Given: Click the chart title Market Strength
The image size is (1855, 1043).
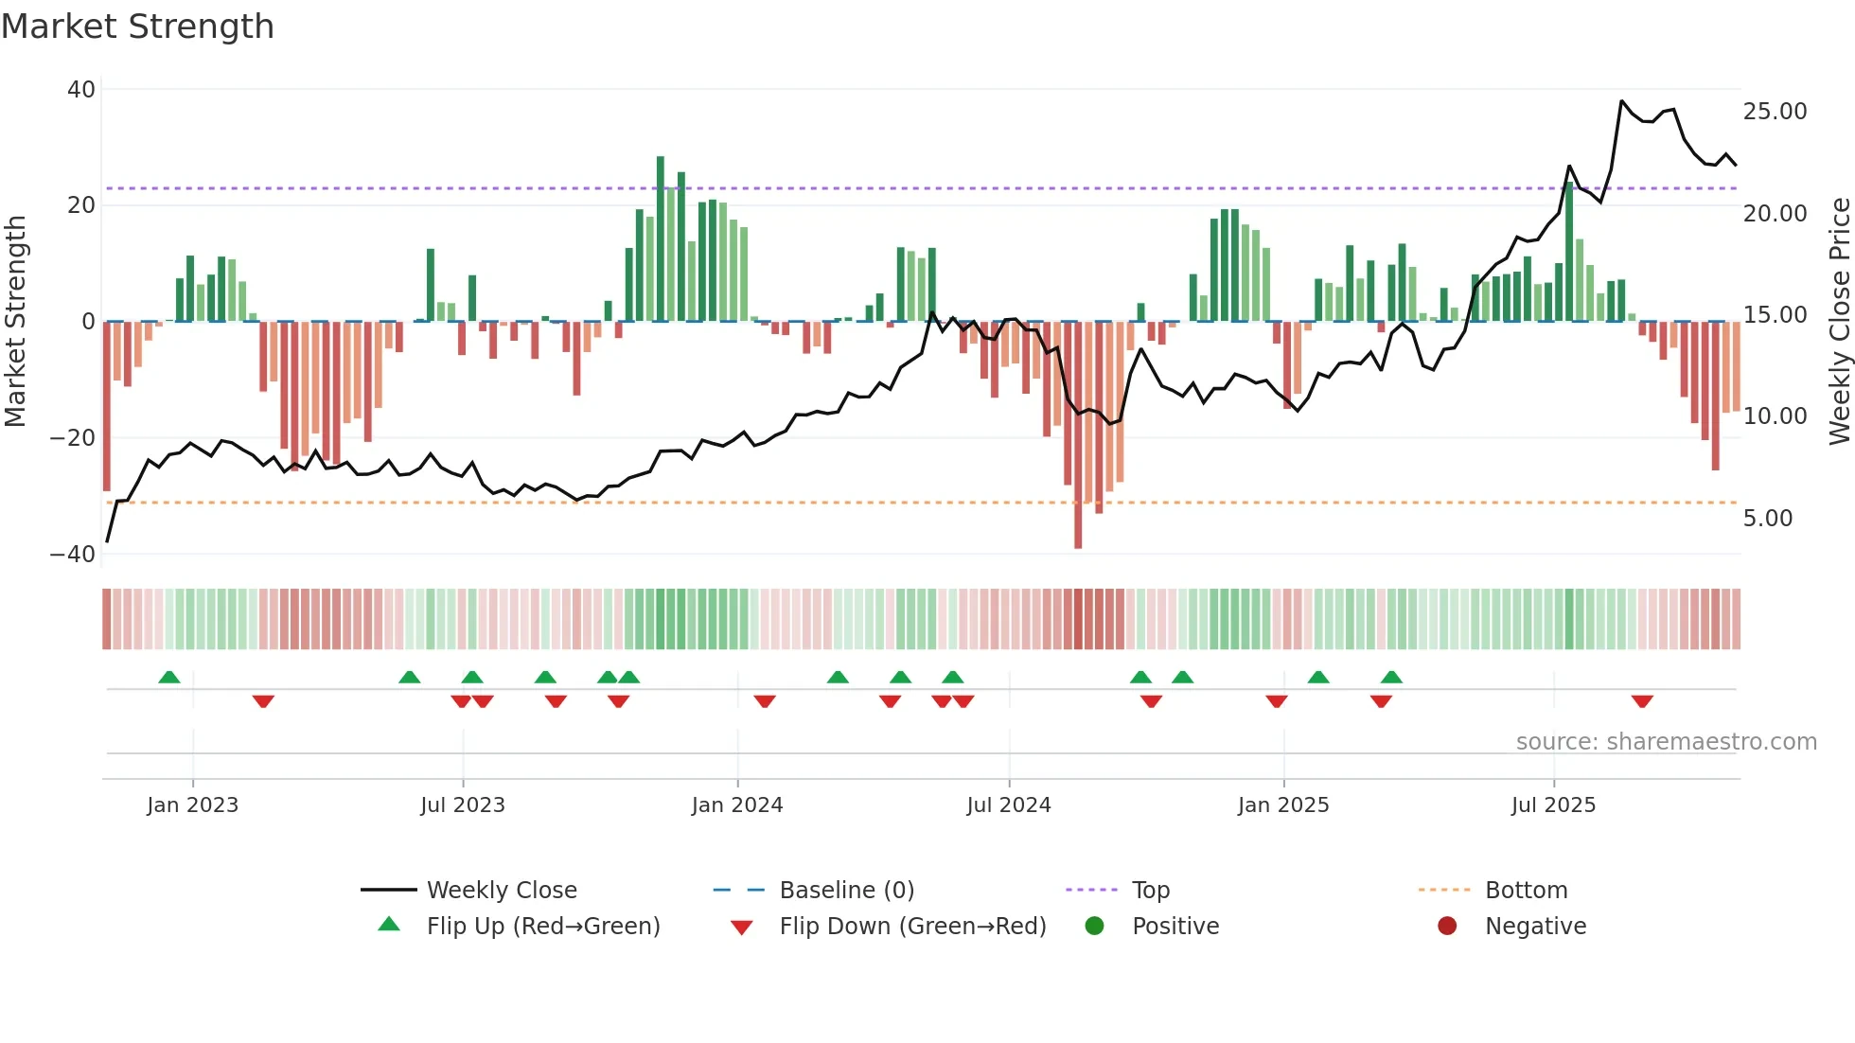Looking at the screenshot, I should pos(137,27).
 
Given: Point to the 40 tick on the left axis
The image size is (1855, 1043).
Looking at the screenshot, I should pos(81,90).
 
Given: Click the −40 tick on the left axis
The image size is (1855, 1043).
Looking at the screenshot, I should pos(73,555).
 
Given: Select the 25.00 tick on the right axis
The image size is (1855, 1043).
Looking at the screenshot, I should pos(1775,112).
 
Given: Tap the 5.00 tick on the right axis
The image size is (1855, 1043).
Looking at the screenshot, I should pos(1767,519).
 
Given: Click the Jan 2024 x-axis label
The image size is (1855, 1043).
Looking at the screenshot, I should pos(737,805).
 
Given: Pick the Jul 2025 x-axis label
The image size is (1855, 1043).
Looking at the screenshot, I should pos(1553,805).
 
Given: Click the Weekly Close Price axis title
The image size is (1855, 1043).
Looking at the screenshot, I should pos(1839,322).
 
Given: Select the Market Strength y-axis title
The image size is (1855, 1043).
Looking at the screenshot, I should pos(16,322).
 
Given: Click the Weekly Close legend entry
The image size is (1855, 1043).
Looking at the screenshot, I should pos(501,891).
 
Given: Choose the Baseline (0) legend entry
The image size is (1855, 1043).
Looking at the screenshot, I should pos(846,891).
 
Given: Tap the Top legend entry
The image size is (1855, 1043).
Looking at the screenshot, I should pos(1150,891).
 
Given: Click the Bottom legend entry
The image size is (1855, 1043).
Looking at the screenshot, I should pos(1526,891).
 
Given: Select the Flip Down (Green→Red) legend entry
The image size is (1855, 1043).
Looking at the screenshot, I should pos(912,927).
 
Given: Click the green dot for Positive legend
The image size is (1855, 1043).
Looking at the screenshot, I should pos(1095,927).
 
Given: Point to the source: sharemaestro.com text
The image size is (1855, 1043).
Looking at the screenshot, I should pos(1666,742).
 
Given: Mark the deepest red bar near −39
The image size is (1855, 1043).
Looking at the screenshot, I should pos(1078,435).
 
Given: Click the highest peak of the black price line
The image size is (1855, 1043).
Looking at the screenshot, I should pos(1621,101).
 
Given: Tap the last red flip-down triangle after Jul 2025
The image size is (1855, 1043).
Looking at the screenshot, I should pos(1642,701).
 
